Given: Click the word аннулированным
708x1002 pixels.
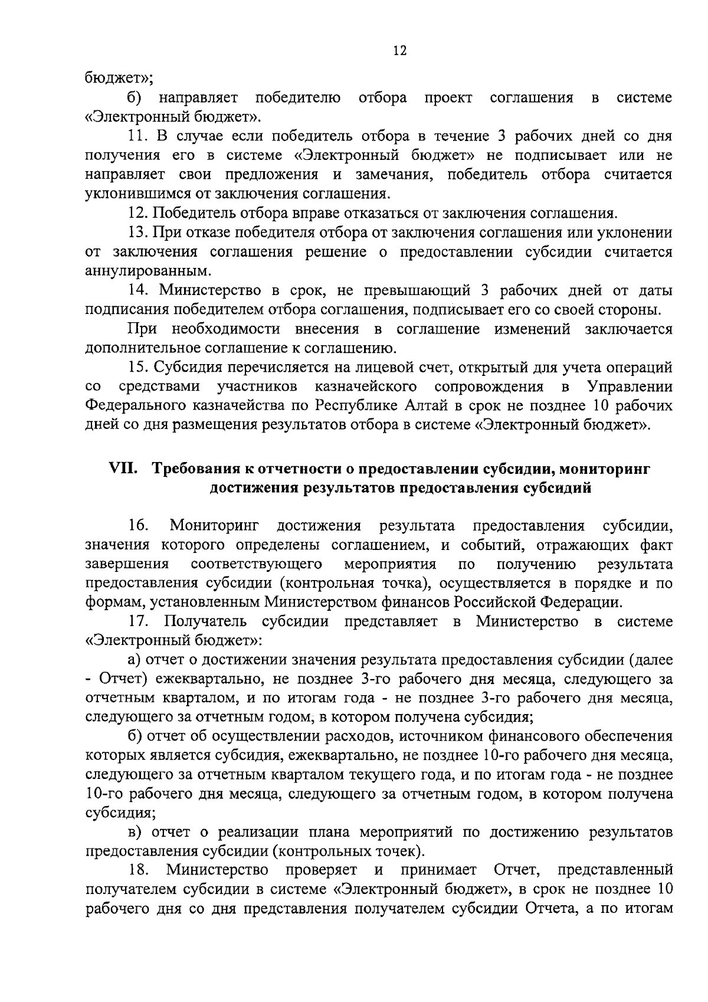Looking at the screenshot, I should (148, 271).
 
